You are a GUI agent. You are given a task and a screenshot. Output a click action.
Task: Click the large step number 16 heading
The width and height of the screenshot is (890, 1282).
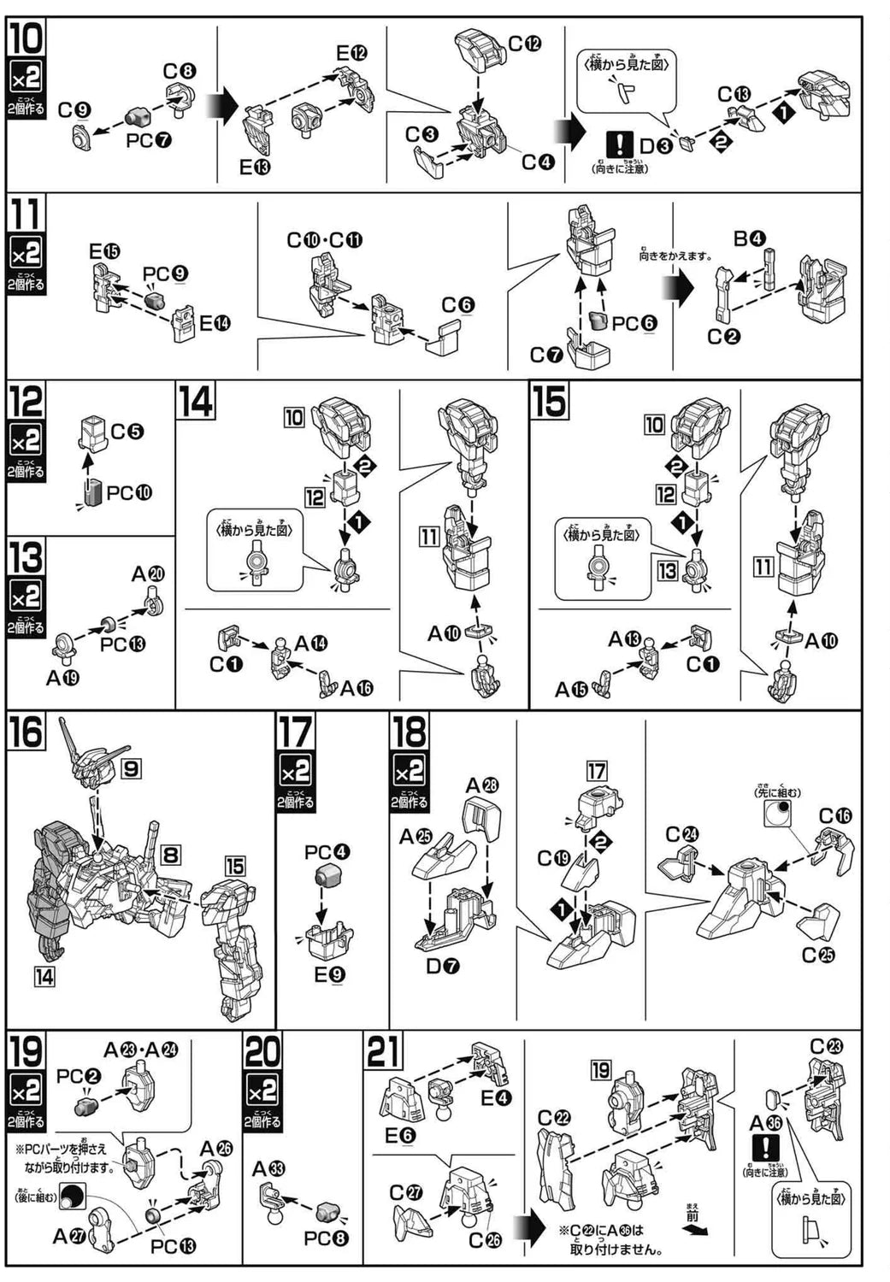coord(27,732)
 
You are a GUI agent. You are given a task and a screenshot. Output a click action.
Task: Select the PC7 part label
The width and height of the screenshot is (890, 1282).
coord(148,139)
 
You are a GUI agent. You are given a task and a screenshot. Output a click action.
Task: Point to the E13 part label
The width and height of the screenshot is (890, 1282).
coord(255,168)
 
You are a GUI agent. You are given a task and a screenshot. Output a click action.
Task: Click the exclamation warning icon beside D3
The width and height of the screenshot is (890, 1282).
coord(618,144)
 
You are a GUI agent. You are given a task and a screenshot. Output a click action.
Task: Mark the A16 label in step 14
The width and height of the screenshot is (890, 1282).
coord(356,688)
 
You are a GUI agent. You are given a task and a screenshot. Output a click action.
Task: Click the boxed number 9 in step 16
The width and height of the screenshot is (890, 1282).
coord(130,768)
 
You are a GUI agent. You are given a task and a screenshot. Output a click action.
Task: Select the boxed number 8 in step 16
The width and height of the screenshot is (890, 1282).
coord(171,853)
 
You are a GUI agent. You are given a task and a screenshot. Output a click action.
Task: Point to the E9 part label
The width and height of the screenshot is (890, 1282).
coord(329,973)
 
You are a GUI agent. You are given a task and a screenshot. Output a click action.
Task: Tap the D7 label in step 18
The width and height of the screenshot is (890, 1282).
coord(443,967)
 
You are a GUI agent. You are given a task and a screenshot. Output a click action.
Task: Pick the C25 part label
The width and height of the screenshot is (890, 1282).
coord(818,955)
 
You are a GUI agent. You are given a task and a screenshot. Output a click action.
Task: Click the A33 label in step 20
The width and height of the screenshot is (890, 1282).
coord(269,1169)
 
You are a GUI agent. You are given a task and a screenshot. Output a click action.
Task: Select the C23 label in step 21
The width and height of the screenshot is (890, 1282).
coord(827,1047)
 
